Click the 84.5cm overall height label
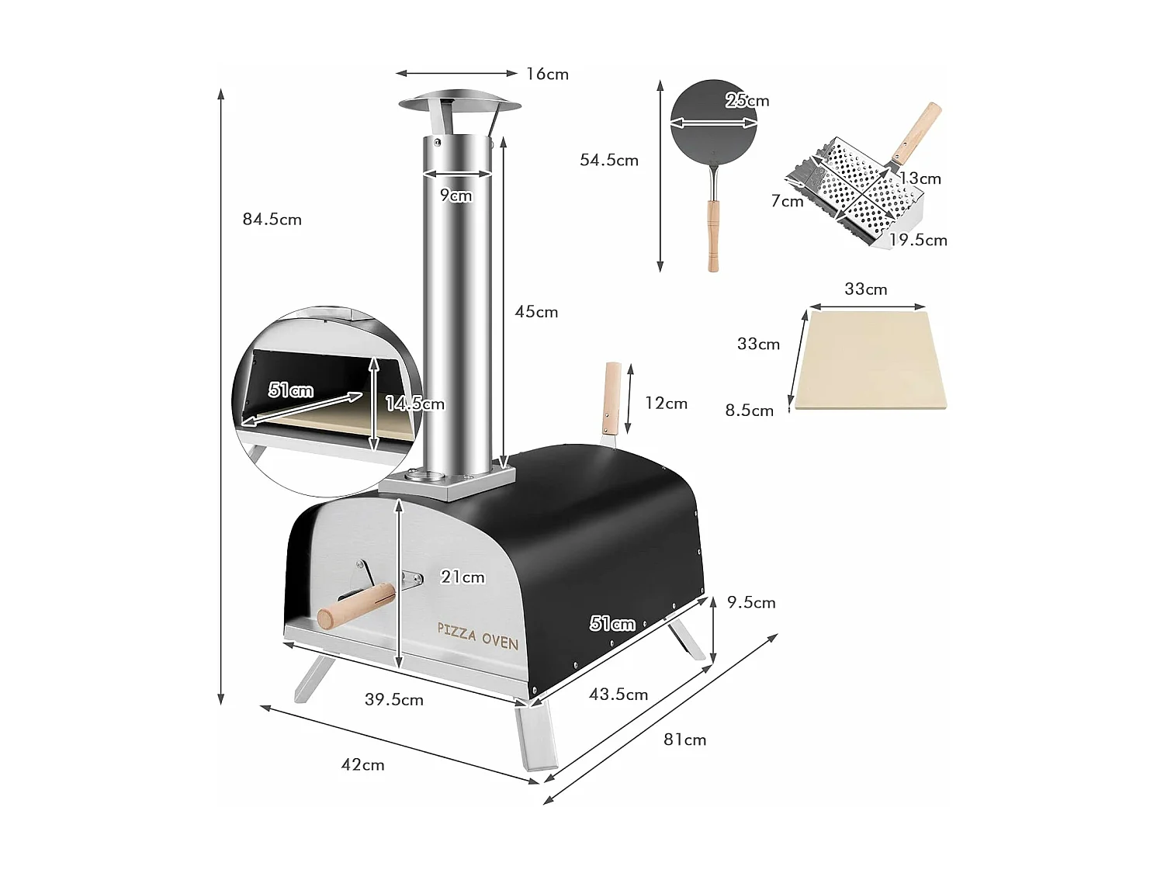[272, 220]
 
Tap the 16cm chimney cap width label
[547, 74]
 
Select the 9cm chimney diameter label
[456, 196]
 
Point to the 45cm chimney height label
[536, 312]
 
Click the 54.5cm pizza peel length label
[609, 161]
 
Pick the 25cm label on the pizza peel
[747, 101]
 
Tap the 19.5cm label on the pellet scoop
[918, 241]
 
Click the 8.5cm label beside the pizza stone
[749, 411]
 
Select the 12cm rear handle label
[666, 404]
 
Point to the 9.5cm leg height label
[751, 603]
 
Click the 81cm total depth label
[684, 740]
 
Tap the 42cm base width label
[362, 765]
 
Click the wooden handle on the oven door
[357, 606]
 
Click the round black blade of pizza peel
[713, 123]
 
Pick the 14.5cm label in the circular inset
[415, 404]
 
